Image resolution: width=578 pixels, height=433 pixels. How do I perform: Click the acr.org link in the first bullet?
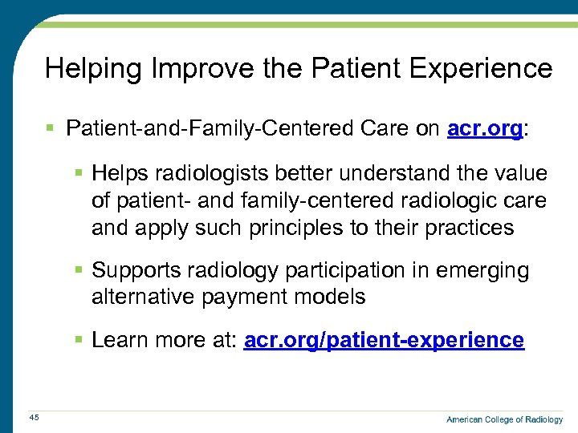pyautogui.click(x=484, y=128)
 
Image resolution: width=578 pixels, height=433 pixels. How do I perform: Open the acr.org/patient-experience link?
pyautogui.click(x=384, y=340)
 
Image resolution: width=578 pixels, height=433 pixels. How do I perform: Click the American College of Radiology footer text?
pyautogui.click(x=504, y=419)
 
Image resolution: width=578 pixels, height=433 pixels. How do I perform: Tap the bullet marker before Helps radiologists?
pyautogui.click(x=79, y=173)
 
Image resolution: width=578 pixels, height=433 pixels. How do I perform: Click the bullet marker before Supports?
pyautogui.click(x=79, y=271)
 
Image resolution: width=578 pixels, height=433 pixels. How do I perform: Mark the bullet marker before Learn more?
pyautogui.click(x=79, y=340)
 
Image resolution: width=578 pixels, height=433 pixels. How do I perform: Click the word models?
pyautogui.click(x=329, y=297)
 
